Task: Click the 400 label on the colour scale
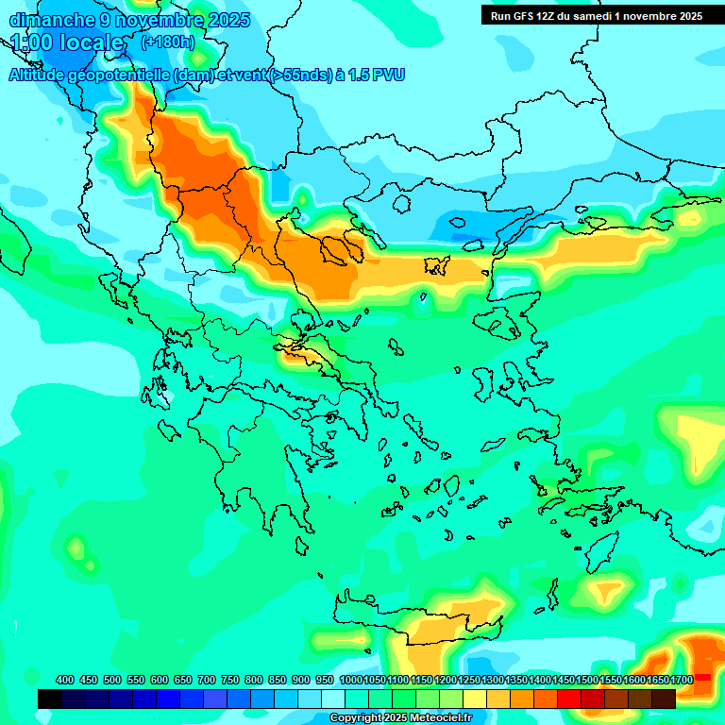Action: pos(65,680)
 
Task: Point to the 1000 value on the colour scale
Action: pos(351,680)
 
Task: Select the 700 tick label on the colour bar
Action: pos(207,680)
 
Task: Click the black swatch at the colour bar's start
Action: pos(50,699)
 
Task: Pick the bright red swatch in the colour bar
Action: pos(569,699)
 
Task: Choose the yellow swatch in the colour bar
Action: pos(475,699)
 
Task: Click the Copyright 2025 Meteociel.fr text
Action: pos(400,718)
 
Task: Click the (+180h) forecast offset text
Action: pos(167,42)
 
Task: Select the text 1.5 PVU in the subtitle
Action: pos(377,75)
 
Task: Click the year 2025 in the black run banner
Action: pos(686,16)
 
